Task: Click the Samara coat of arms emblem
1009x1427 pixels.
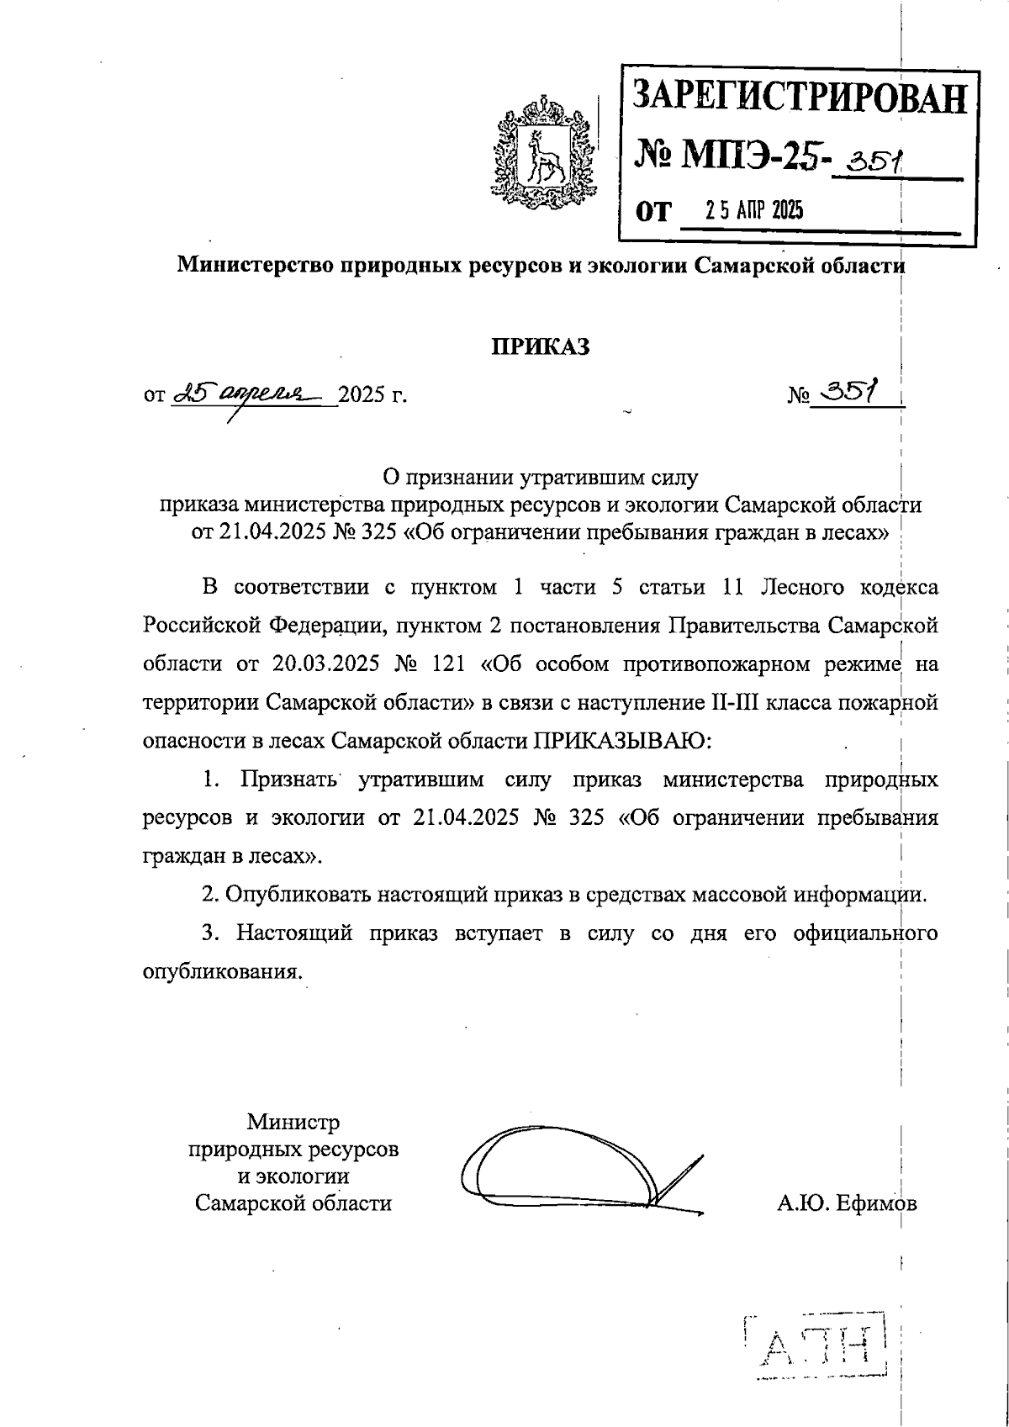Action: (544, 154)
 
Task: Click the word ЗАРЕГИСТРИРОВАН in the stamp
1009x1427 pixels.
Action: (800, 98)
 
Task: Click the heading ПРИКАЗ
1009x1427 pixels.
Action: (540, 346)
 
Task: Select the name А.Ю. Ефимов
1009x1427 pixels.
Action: (847, 1203)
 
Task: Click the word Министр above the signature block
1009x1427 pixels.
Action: (293, 1123)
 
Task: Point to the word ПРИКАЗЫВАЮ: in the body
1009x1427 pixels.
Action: (622, 741)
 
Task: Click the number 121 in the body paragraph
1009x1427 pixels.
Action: (447, 664)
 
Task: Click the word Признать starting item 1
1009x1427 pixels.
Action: (288, 780)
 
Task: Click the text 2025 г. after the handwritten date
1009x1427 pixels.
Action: (372, 394)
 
